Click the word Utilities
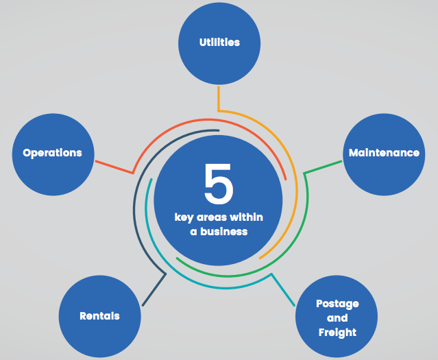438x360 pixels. click(219, 43)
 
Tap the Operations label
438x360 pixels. click(52, 153)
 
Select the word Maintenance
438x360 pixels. click(384, 153)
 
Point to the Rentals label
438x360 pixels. click(99, 316)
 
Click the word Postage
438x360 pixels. click(337, 304)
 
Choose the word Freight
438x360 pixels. click(337, 333)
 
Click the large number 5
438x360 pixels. click(219, 183)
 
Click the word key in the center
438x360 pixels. click(184, 218)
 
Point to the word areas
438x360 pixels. click(208, 218)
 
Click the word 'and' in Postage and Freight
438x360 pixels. click(337, 318)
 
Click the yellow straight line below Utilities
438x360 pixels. click(219, 99)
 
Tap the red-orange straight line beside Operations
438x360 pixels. click(114, 167)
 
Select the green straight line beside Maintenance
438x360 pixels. click(323, 167)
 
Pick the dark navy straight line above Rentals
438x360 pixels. click(154, 289)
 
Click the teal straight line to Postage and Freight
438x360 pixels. click(282, 289)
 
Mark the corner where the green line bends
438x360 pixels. click(304, 173)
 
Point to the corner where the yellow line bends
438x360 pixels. click(219, 111)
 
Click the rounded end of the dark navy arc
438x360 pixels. click(218, 130)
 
